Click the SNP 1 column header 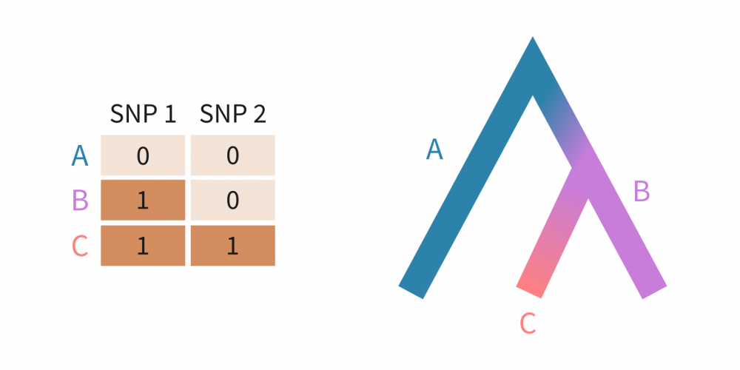143,114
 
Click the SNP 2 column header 232,114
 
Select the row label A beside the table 80,156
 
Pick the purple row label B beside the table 80,200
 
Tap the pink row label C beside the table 80,246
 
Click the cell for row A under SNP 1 143,155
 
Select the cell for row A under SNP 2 232,155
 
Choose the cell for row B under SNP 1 143,200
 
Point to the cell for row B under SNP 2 232,200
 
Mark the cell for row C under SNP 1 143,246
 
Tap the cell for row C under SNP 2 232,246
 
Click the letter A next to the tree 434,149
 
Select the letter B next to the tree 642,191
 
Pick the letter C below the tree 528,324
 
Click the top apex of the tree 533,37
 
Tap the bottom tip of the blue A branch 411,292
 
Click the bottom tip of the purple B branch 655,292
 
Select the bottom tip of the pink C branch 528,292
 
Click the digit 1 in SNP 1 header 170,114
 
